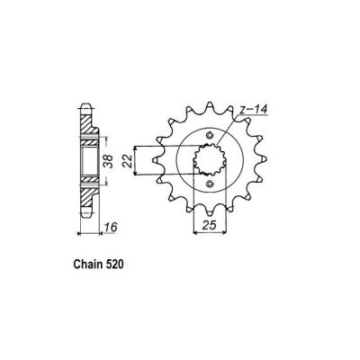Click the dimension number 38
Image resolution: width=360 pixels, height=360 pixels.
pos(109,163)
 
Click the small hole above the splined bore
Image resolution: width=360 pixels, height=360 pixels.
pos(209,134)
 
